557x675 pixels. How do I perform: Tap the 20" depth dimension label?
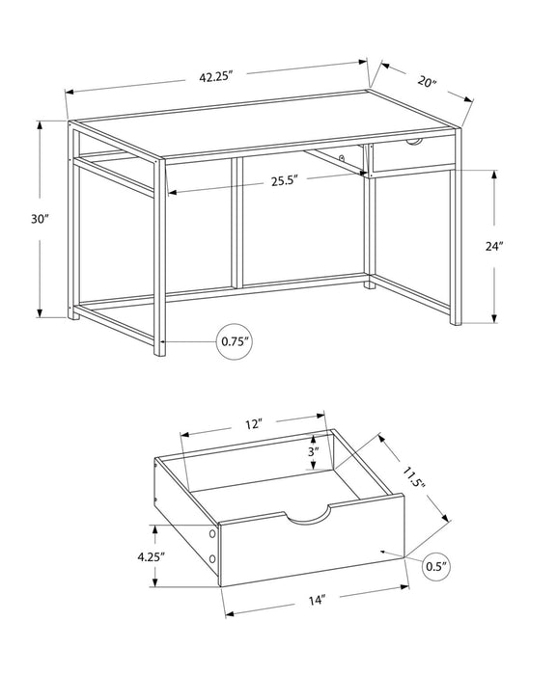tap(427, 82)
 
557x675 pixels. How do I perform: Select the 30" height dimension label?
tap(39, 219)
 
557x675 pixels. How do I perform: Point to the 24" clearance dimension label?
tap(494, 246)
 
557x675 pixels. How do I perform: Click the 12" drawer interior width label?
tap(254, 423)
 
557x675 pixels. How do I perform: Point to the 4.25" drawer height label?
tap(150, 556)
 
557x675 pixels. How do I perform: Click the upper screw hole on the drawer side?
tap(209, 533)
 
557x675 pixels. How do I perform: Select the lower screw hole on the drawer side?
tap(209, 559)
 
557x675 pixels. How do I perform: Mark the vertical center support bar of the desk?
tap(237, 222)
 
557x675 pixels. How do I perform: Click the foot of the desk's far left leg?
tap(72, 314)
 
